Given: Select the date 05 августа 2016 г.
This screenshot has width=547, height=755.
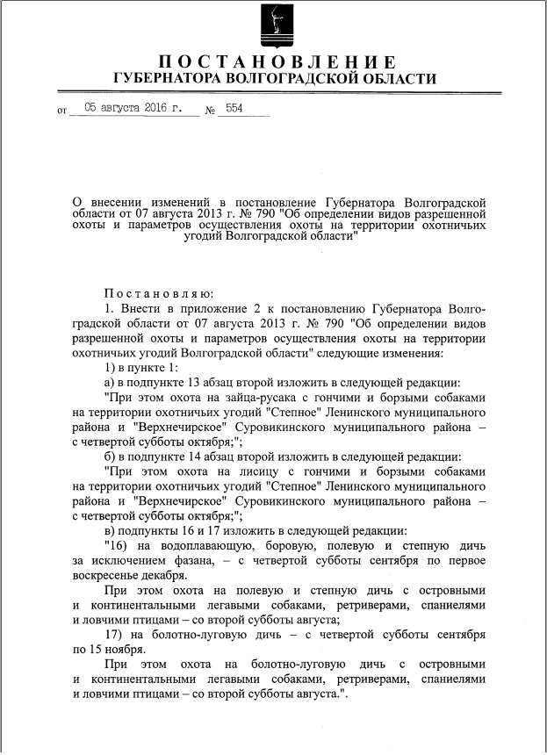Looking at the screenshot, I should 133,109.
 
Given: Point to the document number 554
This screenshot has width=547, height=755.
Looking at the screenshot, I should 235,109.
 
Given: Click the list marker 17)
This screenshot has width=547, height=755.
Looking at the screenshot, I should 112,635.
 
